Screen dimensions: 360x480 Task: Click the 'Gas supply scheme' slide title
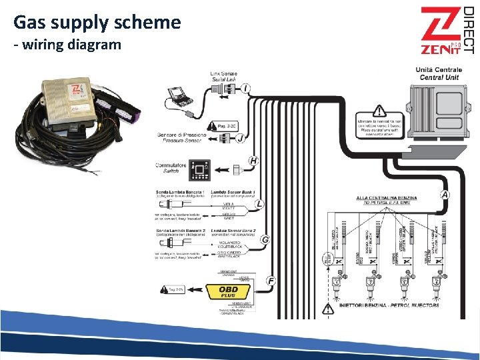click(x=97, y=23)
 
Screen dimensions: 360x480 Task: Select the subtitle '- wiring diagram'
click(x=67, y=45)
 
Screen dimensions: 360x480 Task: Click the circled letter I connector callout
click(x=247, y=88)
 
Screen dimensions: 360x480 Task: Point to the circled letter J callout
click(x=240, y=138)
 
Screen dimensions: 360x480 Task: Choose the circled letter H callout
click(x=253, y=161)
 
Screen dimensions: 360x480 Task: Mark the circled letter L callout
click(x=259, y=203)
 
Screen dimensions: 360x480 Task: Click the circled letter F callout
click(x=271, y=281)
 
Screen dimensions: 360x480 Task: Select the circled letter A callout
click(x=445, y=195)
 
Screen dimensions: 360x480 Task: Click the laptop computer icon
click(x=179, y=96)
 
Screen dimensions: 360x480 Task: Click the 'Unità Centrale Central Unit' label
click(x=436, y=73)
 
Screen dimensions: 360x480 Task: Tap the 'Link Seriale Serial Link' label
click(x=223, y=77)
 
